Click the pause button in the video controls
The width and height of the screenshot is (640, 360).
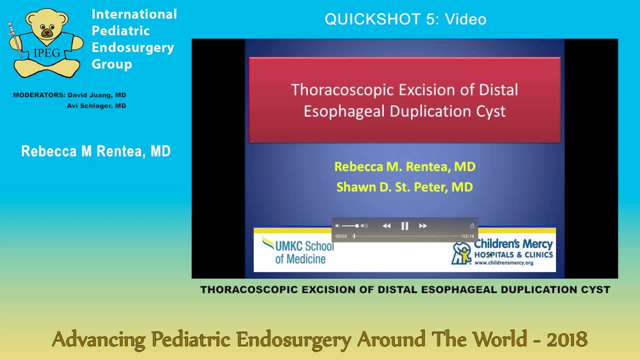pos(405,226)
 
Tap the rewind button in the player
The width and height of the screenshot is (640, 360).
pos(386,226)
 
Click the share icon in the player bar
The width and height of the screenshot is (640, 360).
pos(472,226)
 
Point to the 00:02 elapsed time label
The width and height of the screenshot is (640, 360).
pos(341,236)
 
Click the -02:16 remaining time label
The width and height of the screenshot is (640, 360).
pos(467,236)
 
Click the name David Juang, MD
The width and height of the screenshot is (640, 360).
pos(97,95)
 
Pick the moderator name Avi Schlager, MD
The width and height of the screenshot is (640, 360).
pos(96,105)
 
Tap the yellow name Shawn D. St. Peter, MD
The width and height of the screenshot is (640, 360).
pos(404,187)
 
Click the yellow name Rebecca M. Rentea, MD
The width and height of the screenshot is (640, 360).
pos(404,166)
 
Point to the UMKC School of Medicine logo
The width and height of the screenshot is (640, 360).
pos(298,250)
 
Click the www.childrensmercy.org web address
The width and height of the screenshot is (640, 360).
pos(503,263)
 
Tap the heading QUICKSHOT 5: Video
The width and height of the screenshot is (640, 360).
pos(405,19)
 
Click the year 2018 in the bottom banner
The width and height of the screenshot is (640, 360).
pos(567,339)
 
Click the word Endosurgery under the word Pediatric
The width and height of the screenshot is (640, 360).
pos(132,47)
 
